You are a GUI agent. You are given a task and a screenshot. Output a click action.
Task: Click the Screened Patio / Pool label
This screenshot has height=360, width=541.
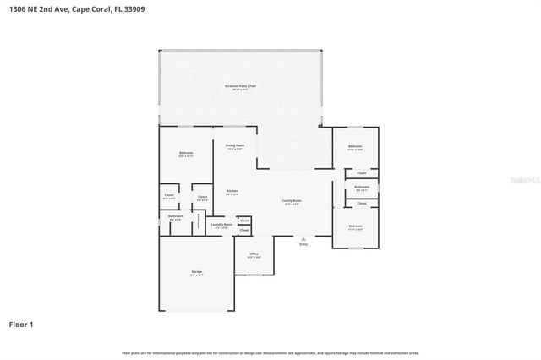click(241, 86)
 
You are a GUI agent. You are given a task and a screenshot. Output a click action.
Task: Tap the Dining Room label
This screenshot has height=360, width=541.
click(234, 146)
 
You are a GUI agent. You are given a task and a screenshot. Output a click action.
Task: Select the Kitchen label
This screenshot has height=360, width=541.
click(232, 191)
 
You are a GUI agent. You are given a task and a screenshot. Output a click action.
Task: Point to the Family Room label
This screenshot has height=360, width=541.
click(292, 201)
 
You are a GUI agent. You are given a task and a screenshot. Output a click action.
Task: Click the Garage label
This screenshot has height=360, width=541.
click(196, 271)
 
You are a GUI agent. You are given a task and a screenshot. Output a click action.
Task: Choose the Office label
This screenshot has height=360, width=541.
click(254, 254)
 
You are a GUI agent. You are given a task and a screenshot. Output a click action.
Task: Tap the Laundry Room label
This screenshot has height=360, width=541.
click(221, 225)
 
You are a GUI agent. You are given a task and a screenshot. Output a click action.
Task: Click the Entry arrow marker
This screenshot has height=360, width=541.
click(303, 239)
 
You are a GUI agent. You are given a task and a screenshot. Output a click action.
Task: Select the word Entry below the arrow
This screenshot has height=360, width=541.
click(303, 245)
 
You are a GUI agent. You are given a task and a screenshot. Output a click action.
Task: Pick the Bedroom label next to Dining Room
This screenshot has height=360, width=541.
click(186, 153)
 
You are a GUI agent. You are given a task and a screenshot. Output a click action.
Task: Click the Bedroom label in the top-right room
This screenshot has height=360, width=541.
click(355, 146)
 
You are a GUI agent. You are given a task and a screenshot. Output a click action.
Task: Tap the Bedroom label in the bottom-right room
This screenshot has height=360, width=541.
click(355, 226)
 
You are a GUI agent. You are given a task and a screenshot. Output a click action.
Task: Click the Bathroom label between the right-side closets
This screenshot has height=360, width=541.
click(361, 187)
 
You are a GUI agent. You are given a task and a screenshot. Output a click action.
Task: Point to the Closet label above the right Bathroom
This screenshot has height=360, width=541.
click(361, 173)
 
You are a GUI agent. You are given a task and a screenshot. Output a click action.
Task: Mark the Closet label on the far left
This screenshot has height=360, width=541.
click(169, 196)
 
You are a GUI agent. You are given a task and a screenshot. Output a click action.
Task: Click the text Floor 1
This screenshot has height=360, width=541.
click(21, 324)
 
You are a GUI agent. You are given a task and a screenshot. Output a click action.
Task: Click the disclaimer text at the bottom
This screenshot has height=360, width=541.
click(270, 352)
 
